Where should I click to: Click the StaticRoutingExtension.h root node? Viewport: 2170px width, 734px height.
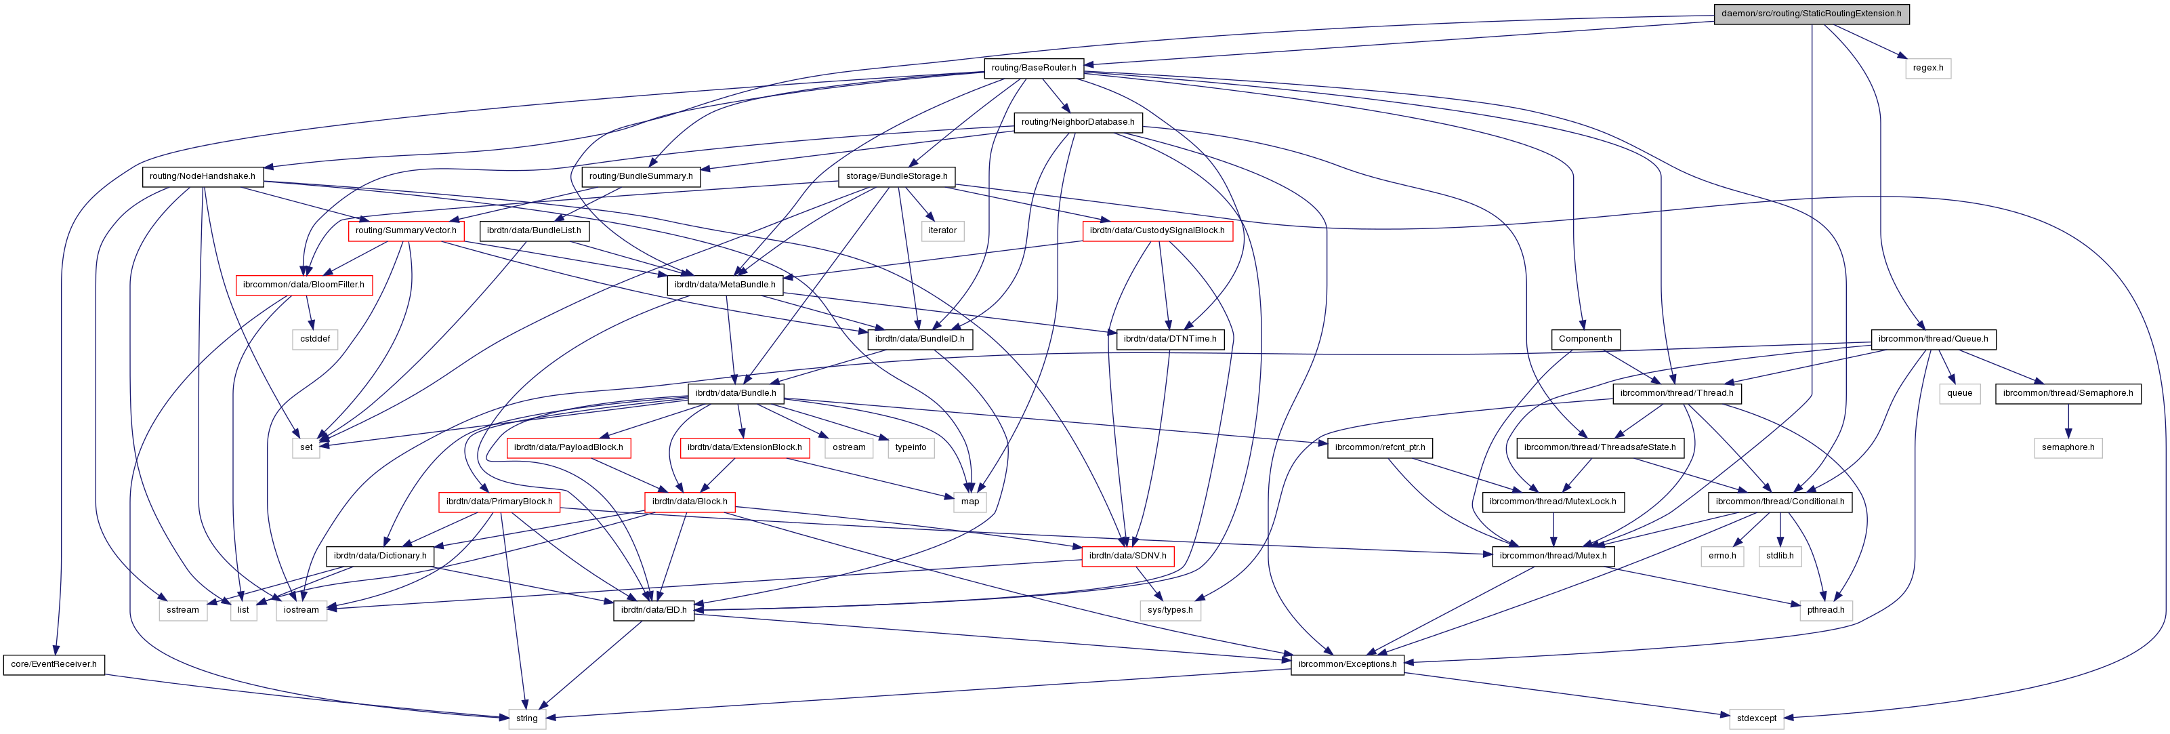point(1811,14)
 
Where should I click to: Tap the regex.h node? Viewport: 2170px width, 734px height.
point(1927,67)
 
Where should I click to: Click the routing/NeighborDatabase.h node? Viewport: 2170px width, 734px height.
point(1077,122)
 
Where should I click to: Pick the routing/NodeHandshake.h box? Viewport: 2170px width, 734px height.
point(202,176)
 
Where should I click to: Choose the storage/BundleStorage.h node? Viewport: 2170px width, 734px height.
point(896,176)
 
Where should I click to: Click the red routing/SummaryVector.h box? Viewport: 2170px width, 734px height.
point(405,230)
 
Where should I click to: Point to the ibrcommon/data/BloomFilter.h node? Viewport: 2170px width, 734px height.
point(304,285)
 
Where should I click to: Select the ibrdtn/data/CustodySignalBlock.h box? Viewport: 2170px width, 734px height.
point(1156,230)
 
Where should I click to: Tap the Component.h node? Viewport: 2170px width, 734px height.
point(1585,339)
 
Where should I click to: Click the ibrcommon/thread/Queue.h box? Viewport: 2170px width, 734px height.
point(1932,339)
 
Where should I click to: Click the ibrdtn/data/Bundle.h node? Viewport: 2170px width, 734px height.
point(735,392)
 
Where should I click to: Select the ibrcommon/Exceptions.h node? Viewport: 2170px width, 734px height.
point(1347,664)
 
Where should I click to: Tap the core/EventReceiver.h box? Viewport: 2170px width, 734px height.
point(54,664)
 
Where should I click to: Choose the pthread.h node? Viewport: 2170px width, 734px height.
point(1825,610)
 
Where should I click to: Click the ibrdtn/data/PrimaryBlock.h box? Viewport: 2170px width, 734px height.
point(499,502)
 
